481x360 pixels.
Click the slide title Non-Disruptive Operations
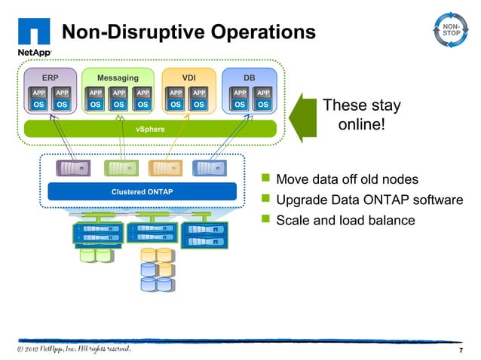tap(188, 32)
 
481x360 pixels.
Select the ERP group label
tap(50, 78)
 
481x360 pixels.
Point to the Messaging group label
tap(118, 78)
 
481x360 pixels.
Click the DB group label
tap(249, 78)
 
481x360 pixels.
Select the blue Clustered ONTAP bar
tap(142, 191)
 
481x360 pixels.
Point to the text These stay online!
tap(361, 114)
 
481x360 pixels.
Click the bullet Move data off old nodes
tap(347, 179)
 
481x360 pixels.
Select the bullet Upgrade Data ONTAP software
tap(369, 200)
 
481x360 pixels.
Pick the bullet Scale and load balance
tap(345, 220)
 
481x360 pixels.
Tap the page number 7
tap(461, 352)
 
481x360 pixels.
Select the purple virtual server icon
tap(73, 168)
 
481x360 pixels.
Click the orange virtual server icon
tap(164, 168)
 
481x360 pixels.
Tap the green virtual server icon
tap(119, 168)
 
